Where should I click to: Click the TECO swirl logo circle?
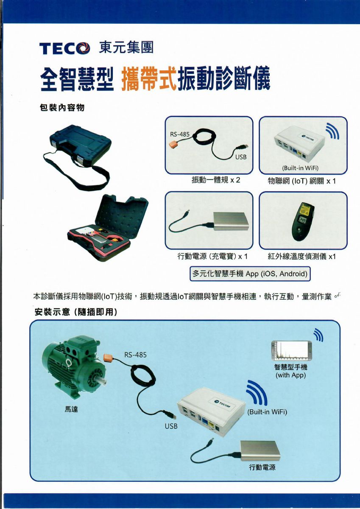pos(84,48)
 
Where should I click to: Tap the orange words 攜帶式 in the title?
pos(149,78)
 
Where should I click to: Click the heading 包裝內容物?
pos(62,108)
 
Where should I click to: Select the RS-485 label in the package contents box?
pos(179,134)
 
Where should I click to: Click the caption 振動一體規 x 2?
pos(215,180)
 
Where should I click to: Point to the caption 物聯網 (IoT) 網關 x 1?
pos(301,181)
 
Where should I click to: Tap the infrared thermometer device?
pos(303,221)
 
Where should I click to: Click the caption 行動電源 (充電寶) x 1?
pos(212,256)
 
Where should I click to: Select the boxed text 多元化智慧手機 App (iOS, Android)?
pos(250,274)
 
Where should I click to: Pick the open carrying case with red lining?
pos(108,227)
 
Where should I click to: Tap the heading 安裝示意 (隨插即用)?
pos(76,312)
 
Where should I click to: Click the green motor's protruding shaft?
pos(103,382)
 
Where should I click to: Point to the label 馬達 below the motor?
pos(71,409)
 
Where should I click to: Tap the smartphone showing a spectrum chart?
pos(291,351)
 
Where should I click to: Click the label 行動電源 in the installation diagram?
pos(262,467)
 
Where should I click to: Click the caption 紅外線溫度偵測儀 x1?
pos(301,257)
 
